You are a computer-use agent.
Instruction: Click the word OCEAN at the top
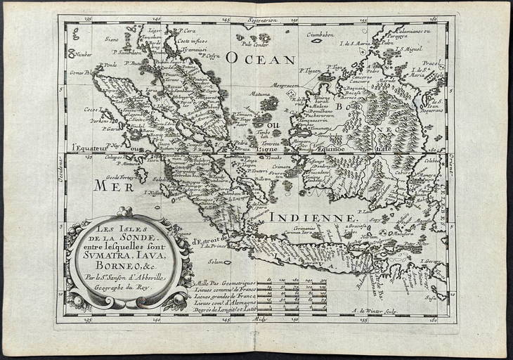(261, 60)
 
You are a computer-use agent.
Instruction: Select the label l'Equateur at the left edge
(92, 148)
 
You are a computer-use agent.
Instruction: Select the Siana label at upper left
(112, 39)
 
